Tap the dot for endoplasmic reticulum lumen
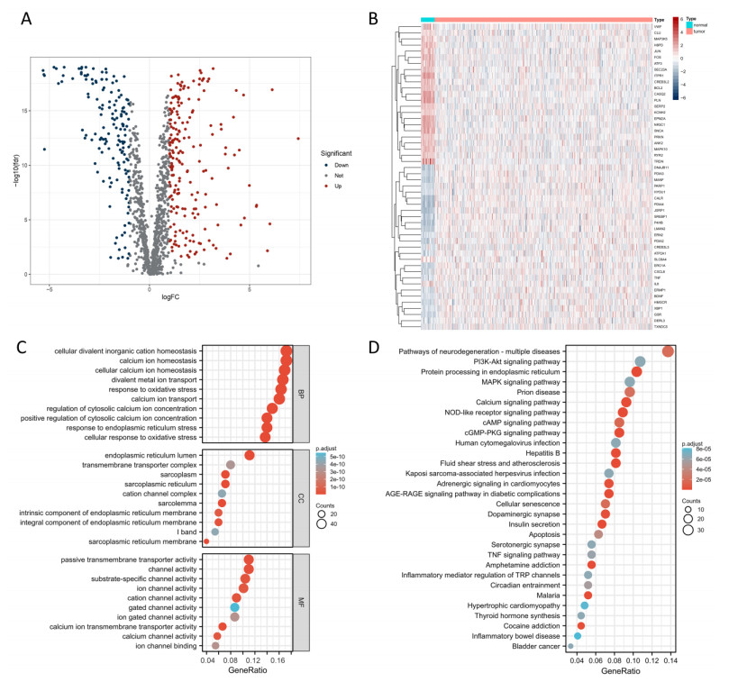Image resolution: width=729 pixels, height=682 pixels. [250, 455]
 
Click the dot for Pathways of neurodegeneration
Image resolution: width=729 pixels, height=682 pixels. [668, 351]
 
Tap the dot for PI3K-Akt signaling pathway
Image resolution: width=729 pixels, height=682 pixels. [640, 361]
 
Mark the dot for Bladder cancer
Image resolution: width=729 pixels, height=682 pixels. [570, 646]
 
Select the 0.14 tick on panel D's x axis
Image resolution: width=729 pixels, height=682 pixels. [670, 661]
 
